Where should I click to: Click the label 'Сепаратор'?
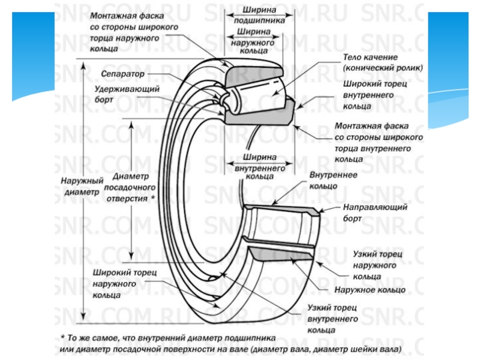pos(122,74)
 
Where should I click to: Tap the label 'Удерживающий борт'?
pos(127,94)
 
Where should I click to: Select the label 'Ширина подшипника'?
pos(259,15)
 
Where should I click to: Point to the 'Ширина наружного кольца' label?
pos(253,41)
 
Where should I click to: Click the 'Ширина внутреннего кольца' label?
pos(260,167)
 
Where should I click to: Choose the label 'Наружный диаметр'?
pos(82,186)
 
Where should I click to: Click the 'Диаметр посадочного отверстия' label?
pos(130,187)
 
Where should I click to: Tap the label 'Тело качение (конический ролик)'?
pos(383,62)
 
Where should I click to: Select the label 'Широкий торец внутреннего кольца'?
pos(374,95)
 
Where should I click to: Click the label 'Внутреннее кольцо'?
pos(333,181)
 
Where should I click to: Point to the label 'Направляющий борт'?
pos(375,212)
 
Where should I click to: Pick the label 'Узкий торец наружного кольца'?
pos(378,265)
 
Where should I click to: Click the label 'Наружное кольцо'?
pos(370,290)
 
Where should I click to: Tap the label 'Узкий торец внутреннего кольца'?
pos(332,319)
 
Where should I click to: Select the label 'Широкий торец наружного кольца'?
pos(125,284)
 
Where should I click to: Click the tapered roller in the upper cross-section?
pos(258,92)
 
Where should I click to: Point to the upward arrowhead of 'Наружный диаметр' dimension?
pos(83,66)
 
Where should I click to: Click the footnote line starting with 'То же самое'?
pos(168,338)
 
